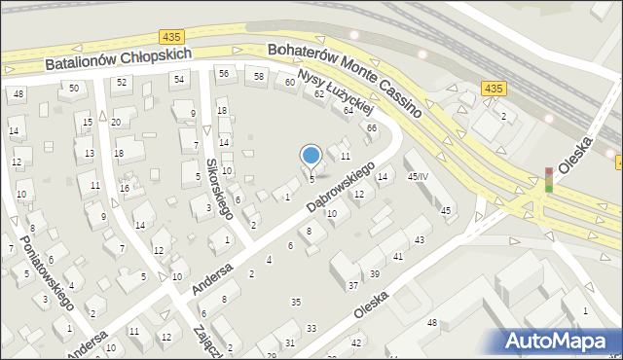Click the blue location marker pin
coord(311,156)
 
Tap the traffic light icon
coord(549,179)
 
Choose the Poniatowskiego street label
coord(47,271)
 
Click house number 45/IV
coord(418,176)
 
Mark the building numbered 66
coord(371,128)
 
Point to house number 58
coord(259,76)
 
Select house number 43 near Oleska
coord(421,239)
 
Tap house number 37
coord(353,285)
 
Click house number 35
coord(296,303)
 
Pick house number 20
coord(116,122)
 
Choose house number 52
coord(122,82)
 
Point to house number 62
coord(319,94)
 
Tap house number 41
coord(398,256)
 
